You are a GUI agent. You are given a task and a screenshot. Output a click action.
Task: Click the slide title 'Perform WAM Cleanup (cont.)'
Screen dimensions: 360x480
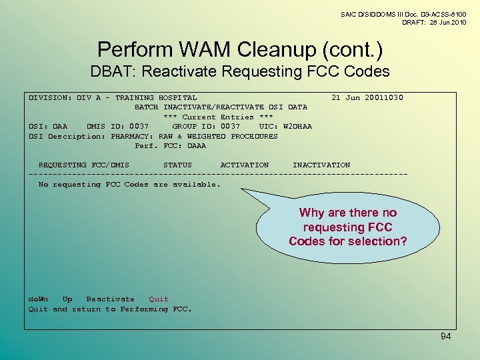240,50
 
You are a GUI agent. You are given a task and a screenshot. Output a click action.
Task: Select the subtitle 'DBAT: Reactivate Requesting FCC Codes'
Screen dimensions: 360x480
240,71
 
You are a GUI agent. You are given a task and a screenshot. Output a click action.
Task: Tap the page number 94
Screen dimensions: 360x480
445,337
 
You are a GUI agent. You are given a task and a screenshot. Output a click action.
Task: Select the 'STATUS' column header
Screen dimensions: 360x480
177,165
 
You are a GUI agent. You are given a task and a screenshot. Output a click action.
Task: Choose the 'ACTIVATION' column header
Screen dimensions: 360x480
245,165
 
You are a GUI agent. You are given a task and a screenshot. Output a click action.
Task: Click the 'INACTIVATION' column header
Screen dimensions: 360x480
321,165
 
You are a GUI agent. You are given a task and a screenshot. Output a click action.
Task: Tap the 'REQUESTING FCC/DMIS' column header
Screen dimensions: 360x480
84,165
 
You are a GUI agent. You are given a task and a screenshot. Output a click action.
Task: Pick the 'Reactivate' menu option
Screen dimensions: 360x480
110,299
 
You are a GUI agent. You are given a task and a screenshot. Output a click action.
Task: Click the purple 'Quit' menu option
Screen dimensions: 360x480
159,299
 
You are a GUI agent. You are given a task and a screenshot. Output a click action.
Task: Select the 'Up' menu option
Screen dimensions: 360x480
67,299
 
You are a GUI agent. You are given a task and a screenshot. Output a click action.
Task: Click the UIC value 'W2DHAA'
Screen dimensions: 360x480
297,127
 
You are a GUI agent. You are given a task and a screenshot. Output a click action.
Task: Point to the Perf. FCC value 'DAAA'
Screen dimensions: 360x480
197,146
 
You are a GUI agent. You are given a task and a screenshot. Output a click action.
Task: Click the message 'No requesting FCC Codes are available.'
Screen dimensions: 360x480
129,185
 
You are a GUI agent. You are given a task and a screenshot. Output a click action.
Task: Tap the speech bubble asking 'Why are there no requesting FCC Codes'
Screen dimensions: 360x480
347,227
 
